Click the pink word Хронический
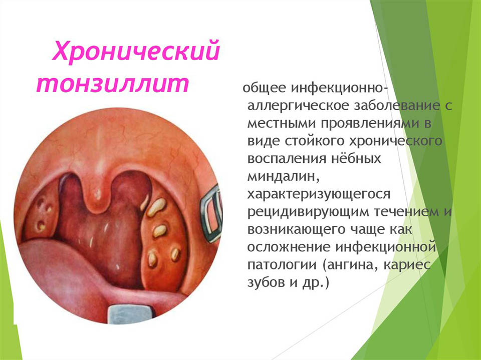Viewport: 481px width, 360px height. point(136,51)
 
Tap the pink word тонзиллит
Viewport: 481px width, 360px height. point(113,83)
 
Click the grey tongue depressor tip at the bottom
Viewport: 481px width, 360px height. point(130,313)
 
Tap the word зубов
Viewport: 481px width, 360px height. point(266,282)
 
